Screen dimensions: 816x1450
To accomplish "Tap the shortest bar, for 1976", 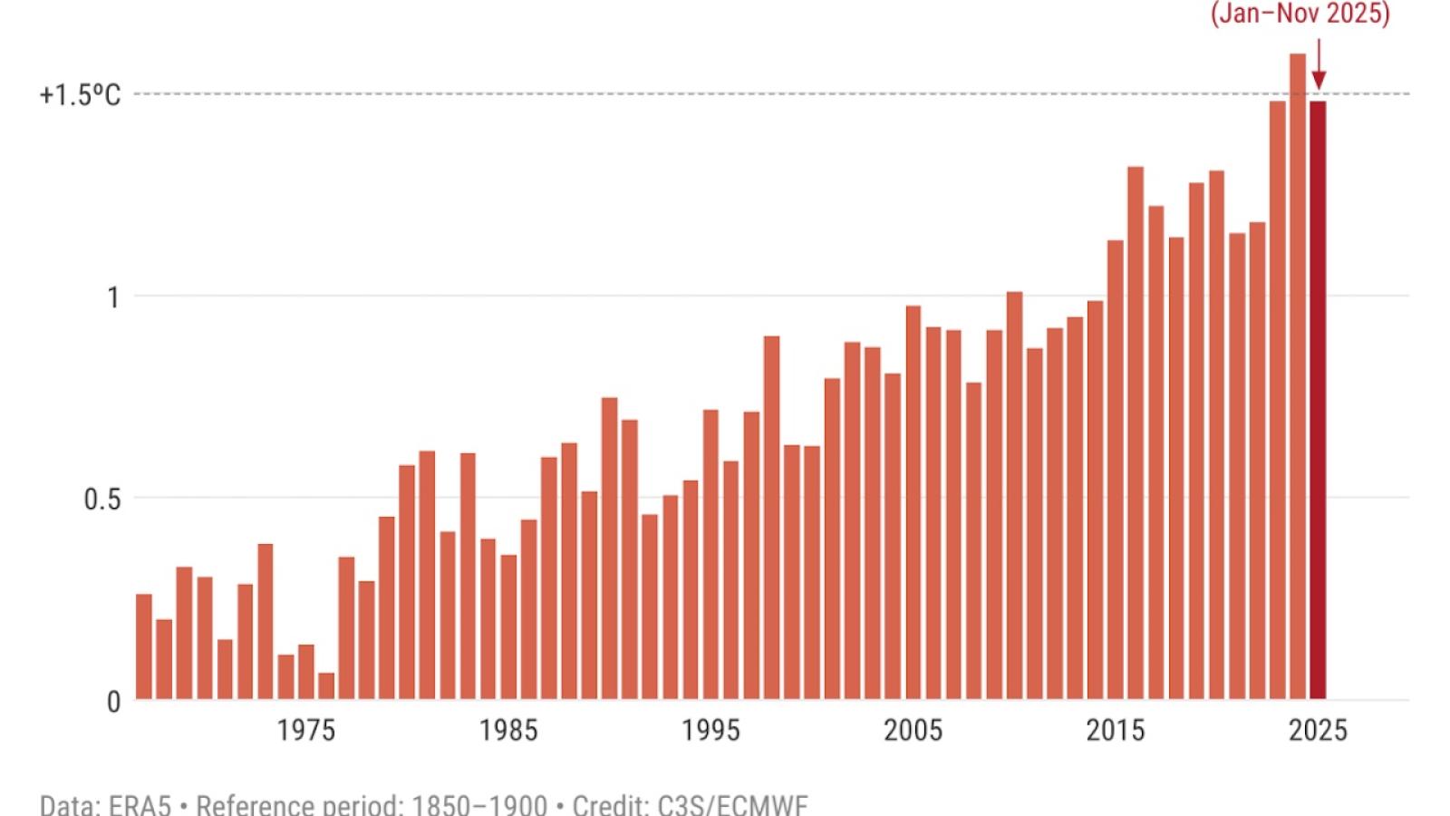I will [326, 686].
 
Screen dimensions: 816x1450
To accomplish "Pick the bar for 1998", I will [771, 517].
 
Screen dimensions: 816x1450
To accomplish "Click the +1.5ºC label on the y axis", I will [80, 95].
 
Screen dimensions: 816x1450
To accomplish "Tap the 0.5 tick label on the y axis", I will [101, 500].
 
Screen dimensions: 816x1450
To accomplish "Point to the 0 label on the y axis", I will [113, 702].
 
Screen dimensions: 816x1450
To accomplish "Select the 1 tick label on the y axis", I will [113, 297].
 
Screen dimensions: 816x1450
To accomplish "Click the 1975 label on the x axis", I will [306, 731].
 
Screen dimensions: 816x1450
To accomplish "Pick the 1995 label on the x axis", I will [711, 731].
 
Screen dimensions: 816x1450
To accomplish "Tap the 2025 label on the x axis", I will [1318, 731].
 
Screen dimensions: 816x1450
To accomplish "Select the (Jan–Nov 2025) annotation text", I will [1300, 15].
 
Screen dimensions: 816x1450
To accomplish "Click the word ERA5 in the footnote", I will [140, 805].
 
